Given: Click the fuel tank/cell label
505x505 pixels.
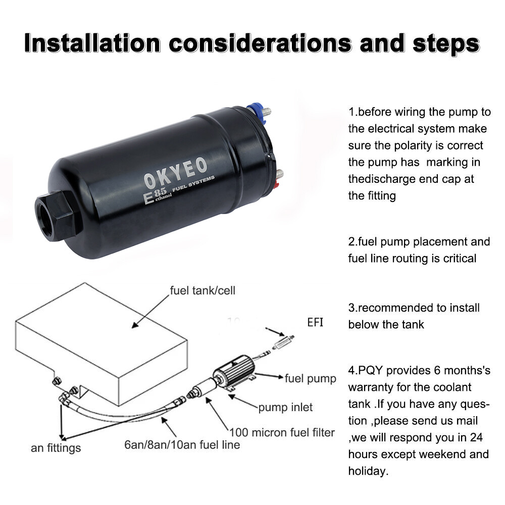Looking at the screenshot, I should coord(203,291).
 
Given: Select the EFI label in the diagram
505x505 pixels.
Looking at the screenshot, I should coord(315,322).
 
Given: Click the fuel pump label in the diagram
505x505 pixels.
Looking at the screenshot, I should coord(310,378).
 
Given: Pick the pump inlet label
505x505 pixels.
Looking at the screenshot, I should coord(285,407).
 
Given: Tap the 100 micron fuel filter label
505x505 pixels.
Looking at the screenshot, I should coord(282,432).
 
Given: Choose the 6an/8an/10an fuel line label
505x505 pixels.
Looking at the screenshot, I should coord(182,445).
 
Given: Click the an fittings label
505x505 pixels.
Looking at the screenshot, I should coord(56,448).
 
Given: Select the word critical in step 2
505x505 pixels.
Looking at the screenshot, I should coord(457,258).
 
